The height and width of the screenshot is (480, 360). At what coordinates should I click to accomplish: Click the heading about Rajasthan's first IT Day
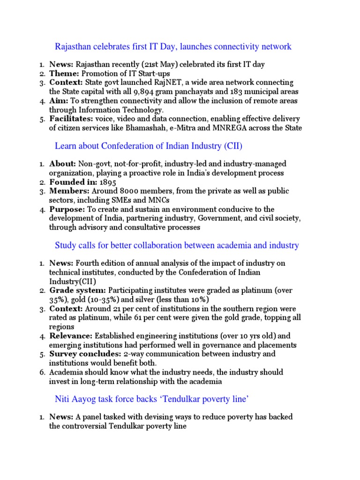click(x=173, y=46)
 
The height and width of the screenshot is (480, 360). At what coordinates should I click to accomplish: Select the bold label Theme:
click(x=65, y=73)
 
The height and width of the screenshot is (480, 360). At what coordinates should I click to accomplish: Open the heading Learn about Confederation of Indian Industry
click(x=149, y=146)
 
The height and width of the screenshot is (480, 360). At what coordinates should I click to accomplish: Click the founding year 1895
click(x=108, y=182)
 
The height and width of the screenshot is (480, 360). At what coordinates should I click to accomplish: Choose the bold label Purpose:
click(x=67, y=209)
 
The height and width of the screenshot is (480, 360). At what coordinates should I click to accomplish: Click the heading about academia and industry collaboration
click(x=177, y=245)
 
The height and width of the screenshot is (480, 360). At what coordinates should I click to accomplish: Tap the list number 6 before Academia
click(x=42, y=372)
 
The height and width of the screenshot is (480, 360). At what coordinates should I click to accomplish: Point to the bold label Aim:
click(x=59, y=101)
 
